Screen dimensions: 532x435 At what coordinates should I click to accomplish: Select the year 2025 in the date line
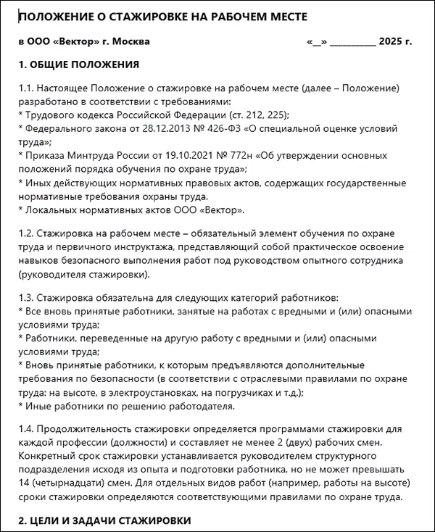(389, 42)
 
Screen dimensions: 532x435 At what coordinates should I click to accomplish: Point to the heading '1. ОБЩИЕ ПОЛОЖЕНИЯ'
(78, 65)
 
